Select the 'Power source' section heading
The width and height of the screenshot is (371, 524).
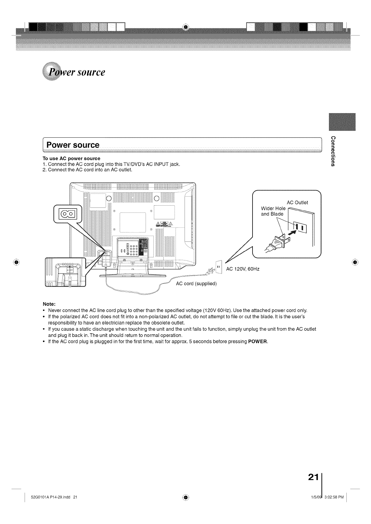[73, 145]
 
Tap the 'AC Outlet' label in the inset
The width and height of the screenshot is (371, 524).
[297, 202]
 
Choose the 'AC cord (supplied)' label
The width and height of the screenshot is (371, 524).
[196, 283]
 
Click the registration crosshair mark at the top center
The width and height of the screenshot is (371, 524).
[185, 27]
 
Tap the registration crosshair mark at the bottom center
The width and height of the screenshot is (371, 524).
[185, 497]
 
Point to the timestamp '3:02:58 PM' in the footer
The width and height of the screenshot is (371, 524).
[334, 497]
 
